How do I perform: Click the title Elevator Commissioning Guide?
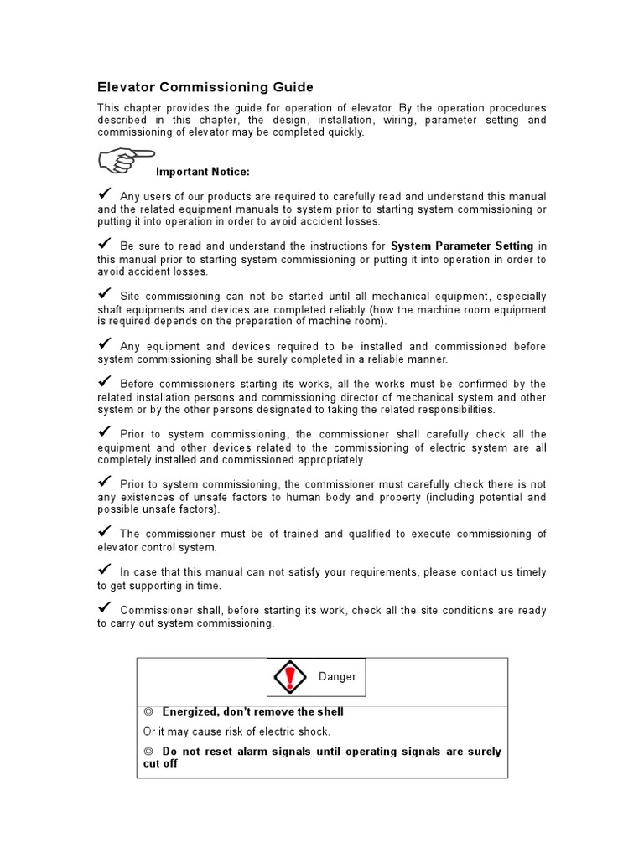point(205,86)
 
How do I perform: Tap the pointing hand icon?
point(126,159)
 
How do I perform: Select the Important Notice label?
point(203,172)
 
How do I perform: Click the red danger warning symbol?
point(290,676)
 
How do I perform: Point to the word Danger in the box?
point(337,677)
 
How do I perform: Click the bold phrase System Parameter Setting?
point(462,246)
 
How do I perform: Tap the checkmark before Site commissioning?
point(106,293)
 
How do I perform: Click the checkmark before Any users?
point(106,194)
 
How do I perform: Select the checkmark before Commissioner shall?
point(106,607)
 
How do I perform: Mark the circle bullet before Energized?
point(148,711)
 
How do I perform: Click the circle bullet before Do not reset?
point(148,751)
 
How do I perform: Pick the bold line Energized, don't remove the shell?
point(252,711)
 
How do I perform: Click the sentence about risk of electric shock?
point(236,731)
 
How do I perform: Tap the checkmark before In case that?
point(106,570)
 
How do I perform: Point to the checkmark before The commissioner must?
point(106,531)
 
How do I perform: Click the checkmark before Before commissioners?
point(106,381)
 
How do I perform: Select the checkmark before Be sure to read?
point(106,244)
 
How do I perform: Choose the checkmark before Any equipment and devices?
point(106,344)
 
